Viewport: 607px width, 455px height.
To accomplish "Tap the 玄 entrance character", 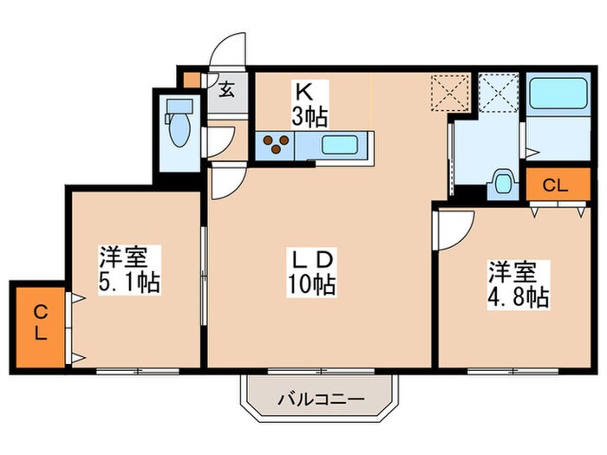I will pyautogui.click(x=225, y=88).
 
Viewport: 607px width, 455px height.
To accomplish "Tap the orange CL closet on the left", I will pyautogui.click(x=40, y=322).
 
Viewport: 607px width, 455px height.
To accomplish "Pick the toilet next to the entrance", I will pyautogui.click(x=179, y=126).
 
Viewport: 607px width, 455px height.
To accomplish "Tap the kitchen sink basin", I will pyautogui.click(x=342, y=145).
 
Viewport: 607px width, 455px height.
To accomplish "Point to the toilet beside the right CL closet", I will pyautogui.click(x=501, y=184).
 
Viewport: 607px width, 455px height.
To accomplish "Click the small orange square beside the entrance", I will pyautogui.click(x=191, y=80).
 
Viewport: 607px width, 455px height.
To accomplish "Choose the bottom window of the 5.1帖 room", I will pyautogui.click(x=137, y=371).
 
